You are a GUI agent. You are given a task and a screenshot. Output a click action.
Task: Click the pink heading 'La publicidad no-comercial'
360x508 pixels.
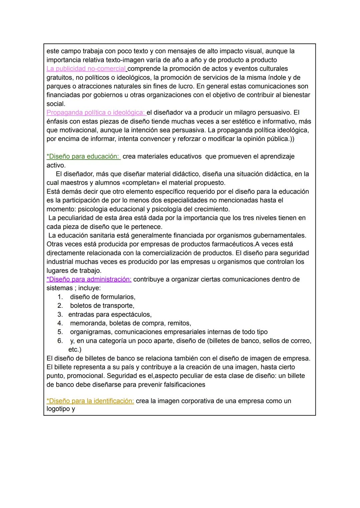click(86, 69)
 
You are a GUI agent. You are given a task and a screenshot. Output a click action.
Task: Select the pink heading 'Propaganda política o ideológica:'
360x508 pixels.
click(96, 113)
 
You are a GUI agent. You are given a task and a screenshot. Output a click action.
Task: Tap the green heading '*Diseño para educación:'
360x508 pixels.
click(83, 157)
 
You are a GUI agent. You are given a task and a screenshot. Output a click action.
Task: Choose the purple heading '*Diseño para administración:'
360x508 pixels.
click(89, 279)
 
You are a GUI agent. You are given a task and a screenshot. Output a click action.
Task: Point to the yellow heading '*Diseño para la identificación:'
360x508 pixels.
click(90, 401)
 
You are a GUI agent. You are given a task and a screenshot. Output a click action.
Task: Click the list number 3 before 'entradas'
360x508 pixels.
click(60, 314)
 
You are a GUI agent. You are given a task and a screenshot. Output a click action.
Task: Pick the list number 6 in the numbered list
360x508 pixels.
click(60, 341)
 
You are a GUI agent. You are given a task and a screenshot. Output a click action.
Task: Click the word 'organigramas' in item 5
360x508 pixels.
click(90, 332)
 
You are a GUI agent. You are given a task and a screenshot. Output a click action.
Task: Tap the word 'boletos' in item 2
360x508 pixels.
click(81, 306)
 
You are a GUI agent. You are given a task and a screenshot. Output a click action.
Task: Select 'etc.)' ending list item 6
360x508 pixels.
click(75, 350)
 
